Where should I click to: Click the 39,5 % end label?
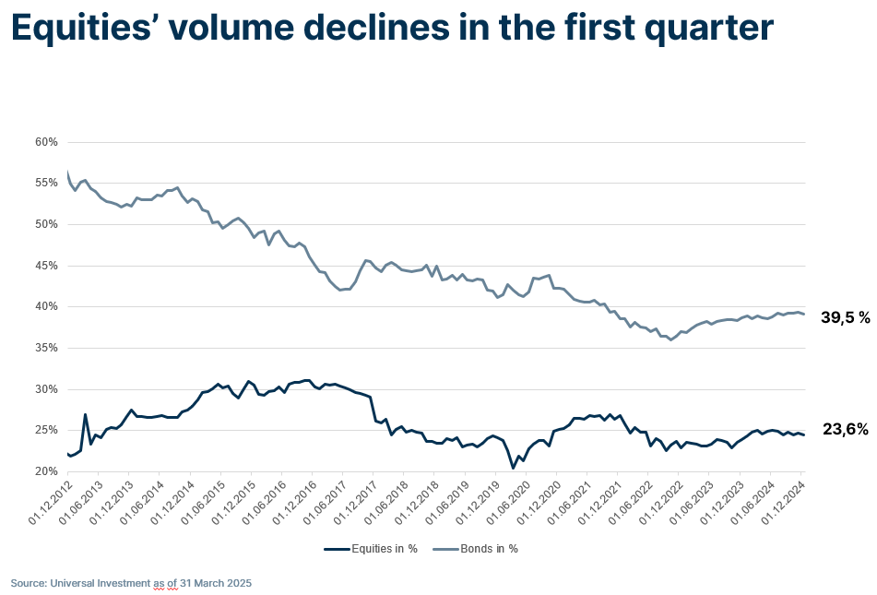(x=846, y=318)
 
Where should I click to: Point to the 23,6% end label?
(x=846, y=429)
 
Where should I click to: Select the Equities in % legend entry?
(x=372, y=549)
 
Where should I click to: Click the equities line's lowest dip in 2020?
(x=514, y=468)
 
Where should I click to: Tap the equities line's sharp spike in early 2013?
(x=86, y=415)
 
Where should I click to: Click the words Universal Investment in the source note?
(x=101, y=584)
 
